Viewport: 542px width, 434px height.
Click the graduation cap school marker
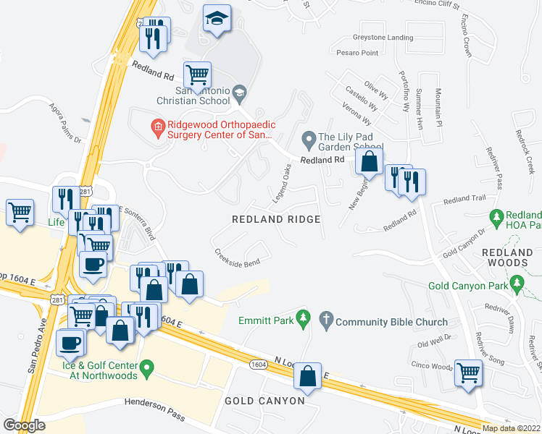[216, 19]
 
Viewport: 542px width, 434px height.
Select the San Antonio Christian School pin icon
[241, 92]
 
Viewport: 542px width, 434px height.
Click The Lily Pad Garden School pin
[309, 137]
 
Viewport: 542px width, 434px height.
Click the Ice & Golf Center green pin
[147, 369]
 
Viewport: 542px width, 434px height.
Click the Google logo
[24, 425]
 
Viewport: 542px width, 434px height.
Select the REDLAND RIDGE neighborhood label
[275, 218]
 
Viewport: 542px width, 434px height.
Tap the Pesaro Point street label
[357, 53]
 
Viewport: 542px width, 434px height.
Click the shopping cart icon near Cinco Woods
[469, 374]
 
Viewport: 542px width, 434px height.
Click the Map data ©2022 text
[511, 428]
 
